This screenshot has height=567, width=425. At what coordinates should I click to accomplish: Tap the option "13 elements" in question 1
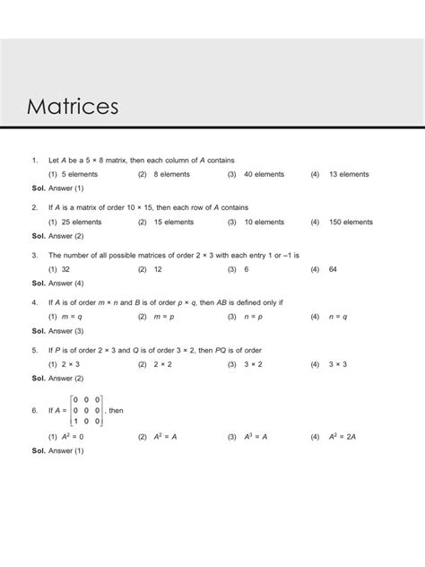[351, 173]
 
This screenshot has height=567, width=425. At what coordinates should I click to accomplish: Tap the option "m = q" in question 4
[73, 317]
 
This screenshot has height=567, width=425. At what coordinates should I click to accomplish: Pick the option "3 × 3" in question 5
[339, 364]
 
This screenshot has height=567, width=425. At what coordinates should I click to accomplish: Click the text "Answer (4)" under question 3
[66, 283]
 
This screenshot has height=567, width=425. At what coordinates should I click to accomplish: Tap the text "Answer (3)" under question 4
[66, 331]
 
